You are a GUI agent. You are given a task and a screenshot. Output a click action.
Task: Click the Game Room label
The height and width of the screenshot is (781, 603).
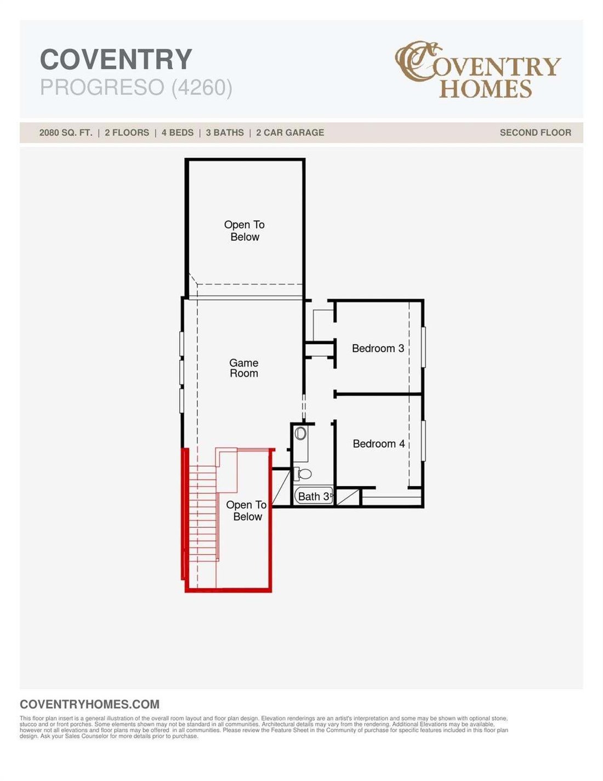click(243, 368)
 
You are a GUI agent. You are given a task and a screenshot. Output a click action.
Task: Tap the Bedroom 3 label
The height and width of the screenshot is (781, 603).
click(378, 348)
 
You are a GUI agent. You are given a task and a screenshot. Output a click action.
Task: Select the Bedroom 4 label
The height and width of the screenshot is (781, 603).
click(378, 443)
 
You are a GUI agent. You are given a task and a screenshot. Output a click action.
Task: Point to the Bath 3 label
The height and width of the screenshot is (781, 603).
click(314, 497)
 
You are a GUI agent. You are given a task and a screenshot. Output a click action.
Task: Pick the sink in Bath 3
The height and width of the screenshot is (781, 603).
click(300, 434)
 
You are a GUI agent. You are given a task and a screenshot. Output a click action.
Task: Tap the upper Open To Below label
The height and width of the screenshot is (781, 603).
click(244, 231)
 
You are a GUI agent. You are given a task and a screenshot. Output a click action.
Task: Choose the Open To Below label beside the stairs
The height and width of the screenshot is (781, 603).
click(247, 511)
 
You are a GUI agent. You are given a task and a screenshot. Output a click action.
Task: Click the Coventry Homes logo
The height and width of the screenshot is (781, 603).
click(477, 70)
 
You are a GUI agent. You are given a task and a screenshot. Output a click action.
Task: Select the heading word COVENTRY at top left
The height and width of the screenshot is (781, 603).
click(116, 59)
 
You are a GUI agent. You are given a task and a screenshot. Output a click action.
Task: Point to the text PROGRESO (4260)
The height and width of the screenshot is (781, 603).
click(136, 87)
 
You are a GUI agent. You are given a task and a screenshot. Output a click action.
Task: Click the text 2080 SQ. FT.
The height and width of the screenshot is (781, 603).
click(66, 133)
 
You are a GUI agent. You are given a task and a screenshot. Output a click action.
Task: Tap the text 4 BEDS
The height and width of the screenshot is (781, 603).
click(178, 133)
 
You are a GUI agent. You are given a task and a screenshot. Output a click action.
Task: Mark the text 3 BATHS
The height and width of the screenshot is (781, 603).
click(225, 133)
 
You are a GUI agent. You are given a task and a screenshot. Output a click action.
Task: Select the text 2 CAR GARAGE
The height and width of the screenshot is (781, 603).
click(290, 133)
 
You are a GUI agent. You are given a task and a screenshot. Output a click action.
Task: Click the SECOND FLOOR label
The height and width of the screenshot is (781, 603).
click(536, 133)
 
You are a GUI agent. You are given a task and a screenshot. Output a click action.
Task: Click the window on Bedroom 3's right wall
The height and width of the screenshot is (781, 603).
click(423, 346)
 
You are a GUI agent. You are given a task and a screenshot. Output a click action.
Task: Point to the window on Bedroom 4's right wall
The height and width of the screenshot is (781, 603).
click(423, 441)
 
